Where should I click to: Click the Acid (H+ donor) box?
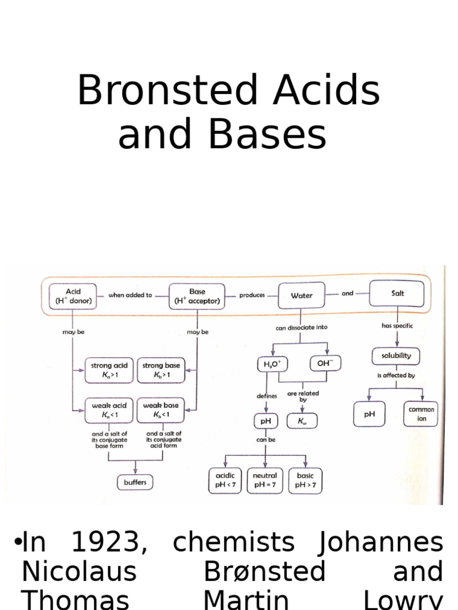(73, 296)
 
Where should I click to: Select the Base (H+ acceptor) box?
(197, 296)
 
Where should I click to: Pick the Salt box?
(397, 294)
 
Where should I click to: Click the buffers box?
(135, 482)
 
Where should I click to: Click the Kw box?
(301, 421)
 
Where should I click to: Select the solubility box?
(396, 356)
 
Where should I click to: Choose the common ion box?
(421, 414)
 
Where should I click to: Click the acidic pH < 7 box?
(224, 481)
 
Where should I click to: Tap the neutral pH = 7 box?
(265, 481)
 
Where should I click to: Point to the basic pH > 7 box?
(305, 481)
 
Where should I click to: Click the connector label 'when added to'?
(130, 295)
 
